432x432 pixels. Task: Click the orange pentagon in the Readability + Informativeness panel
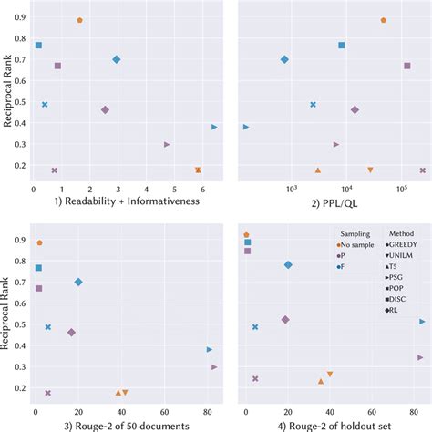tap(80, 20)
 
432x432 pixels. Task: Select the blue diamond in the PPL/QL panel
tap(284, 59)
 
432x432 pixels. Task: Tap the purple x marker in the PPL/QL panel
tap(422, 170)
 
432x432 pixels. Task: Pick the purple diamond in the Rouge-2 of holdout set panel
tap(285, 320)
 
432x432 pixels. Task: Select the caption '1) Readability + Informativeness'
tap(114, 201)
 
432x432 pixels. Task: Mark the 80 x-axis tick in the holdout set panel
tap(415, 413)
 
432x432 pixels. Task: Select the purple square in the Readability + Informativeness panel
tap(57, 66)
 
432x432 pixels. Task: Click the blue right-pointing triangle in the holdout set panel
tap(422, 322)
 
